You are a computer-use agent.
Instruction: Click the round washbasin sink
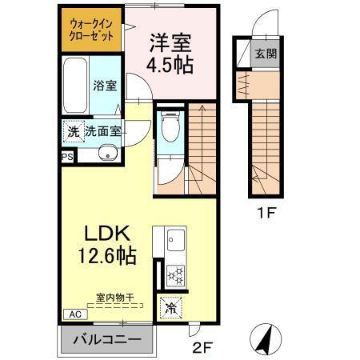tap(105, 154)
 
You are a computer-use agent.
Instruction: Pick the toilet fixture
tap(169, 126)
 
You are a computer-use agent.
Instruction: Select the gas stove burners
tap(175, 274)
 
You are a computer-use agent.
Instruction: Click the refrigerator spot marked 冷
tap(170, 306)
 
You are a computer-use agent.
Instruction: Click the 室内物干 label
tap(114, 298)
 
